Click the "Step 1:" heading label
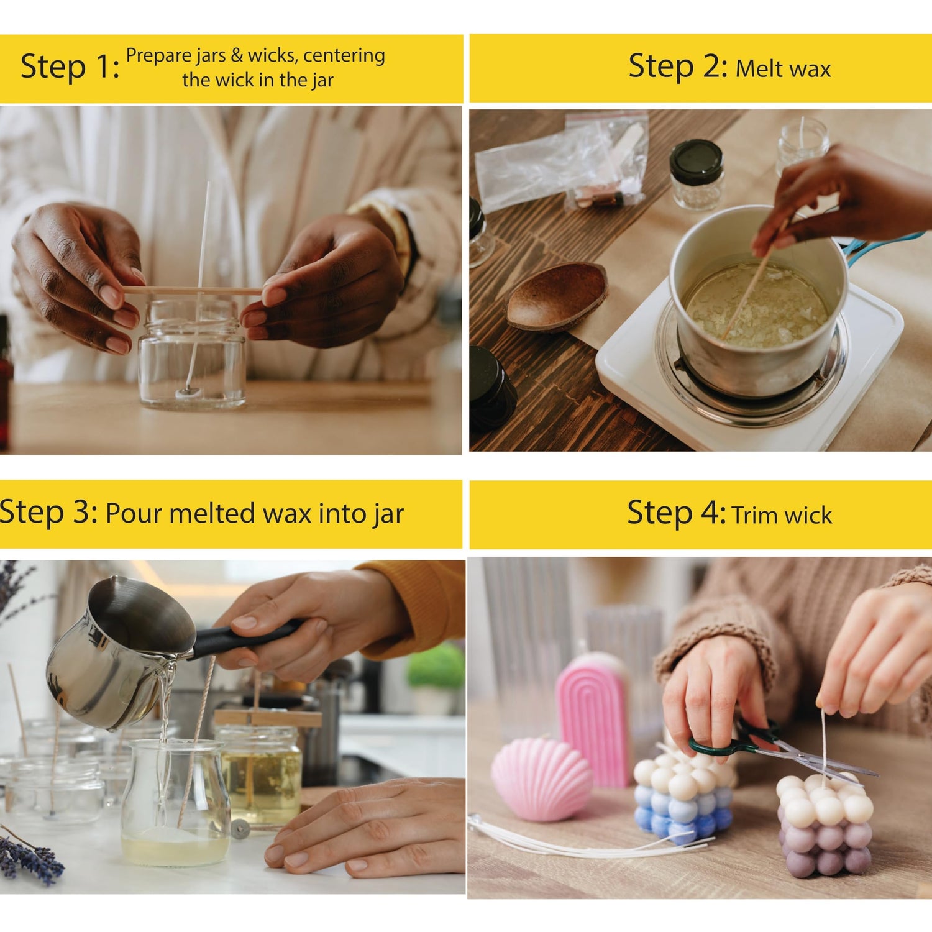[70, 67]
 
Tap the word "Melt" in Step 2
[759, 68]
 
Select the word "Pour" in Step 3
[134, 514]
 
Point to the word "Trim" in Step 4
[754, 515]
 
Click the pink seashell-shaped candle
[541, 779]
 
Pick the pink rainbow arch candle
[593, 718]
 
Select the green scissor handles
[733, 739]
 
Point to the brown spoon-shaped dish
[556, 296]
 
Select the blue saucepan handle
[882, 244]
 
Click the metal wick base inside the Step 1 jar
[188, 391]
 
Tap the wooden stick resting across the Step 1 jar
[192, 291]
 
